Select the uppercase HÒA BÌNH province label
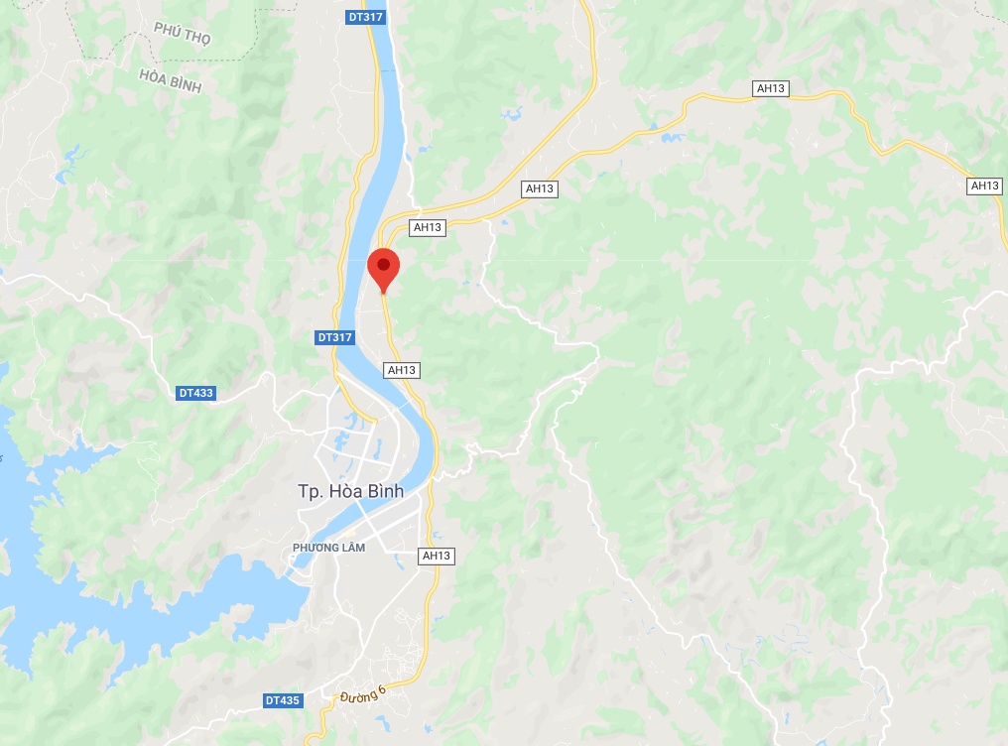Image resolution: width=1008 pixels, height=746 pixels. (170, 81)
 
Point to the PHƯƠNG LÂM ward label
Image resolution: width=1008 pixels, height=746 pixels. (329, 548)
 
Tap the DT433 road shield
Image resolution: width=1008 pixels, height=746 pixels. (195, 393)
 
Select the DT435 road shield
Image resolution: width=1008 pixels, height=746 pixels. (283, 700)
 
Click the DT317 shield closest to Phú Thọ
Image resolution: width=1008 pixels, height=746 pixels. (366, 17)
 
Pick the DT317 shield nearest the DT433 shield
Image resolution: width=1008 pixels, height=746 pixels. (335, 337)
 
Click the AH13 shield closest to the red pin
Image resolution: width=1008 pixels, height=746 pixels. (427, 227)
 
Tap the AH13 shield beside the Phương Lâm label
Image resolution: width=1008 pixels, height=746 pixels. (437, 556)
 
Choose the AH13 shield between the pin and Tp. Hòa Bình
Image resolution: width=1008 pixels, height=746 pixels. (401, 370)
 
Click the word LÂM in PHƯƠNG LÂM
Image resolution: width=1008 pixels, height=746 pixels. (351, 548)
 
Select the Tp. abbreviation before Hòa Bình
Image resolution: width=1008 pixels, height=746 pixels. (311, 491)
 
